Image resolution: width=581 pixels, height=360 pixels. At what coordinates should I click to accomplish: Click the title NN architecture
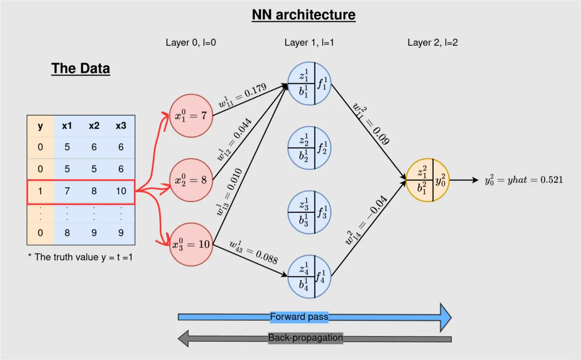click(x=304, y=15)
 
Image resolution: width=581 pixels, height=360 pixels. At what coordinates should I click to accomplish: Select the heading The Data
click(x=80, y=68)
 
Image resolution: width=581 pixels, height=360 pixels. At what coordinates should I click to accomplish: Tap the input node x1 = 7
click(x=191, y=116)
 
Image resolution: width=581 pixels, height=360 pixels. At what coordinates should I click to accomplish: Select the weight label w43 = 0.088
click(x=254, y=252)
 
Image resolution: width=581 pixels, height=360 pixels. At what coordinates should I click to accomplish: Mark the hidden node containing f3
click(x=309, y=212)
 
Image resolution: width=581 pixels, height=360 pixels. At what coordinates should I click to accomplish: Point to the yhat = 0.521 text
click(x=523, y=180)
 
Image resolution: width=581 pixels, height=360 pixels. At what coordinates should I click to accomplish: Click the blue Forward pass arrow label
click(x=299, y=317)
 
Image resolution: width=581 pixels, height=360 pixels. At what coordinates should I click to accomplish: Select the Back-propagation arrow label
click(x=306, y=338)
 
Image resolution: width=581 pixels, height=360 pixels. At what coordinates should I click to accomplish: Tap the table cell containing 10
click(x=121, y=191)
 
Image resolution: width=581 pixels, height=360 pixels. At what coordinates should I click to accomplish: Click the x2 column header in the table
click(x=94, y=126)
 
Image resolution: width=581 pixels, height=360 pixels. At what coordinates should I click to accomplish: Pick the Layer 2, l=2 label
click(x=432, y=43)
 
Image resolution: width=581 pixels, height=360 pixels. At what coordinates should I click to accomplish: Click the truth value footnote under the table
click(x=80, y=257)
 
